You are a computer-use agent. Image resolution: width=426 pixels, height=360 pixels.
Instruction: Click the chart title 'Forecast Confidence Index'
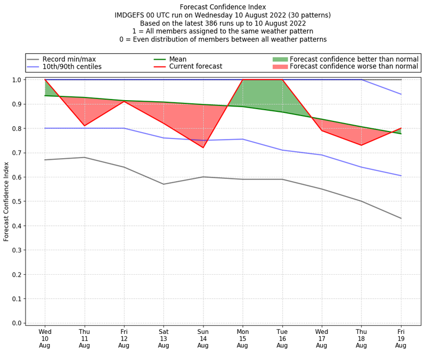click(223, 7)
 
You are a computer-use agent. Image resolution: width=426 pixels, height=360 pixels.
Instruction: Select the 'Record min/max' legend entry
click(69, 59)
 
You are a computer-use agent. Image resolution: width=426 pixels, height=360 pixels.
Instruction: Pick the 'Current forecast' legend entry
click(195, 67)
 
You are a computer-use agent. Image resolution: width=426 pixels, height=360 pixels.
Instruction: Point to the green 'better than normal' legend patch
click(280, 59)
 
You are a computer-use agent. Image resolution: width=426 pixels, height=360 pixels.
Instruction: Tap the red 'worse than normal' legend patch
click(280, 67)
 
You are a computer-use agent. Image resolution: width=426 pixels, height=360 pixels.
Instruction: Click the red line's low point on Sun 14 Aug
click(203, 148)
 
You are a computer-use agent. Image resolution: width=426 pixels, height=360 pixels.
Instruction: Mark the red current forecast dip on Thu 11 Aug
click(84, 126)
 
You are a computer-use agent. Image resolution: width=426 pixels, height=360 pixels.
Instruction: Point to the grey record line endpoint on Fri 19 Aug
click(400, 218)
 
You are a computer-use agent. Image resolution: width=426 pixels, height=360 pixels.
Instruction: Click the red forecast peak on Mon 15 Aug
click(242, 80)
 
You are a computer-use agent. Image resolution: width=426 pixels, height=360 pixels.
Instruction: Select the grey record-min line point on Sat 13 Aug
click(163, 184)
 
